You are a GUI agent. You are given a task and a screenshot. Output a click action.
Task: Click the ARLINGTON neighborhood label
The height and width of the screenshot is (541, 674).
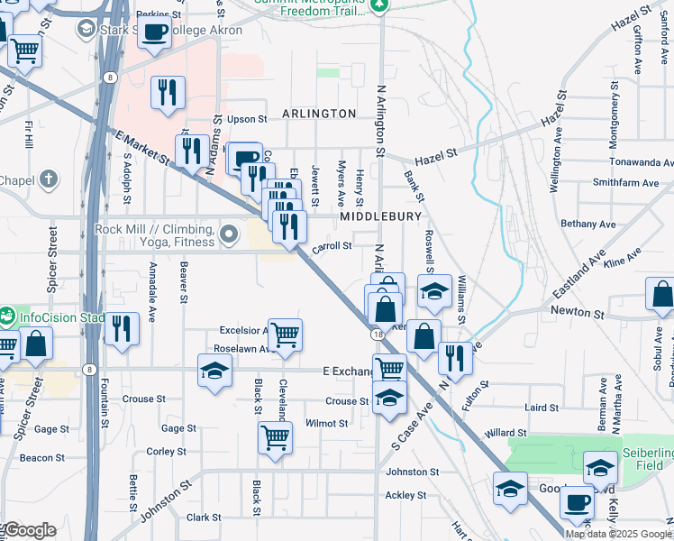(x=319, y=114)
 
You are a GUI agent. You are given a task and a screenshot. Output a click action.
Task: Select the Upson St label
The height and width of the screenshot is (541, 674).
(x=248, y=119)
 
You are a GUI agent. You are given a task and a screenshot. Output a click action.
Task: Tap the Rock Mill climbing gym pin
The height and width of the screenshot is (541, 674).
(x=230, y=235)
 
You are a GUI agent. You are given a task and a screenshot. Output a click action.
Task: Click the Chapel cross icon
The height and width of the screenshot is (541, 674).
(x=50, y=179)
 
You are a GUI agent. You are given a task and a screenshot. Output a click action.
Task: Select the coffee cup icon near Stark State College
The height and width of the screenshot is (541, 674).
(x=155, y=32)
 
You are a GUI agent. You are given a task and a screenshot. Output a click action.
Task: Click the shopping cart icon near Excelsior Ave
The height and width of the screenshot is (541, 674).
(x=285, y=335)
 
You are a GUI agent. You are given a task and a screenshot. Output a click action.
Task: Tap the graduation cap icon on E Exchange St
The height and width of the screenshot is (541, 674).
(x=214, y=371)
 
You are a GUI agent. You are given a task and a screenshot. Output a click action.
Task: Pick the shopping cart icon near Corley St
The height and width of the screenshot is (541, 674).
(x=275, y=437)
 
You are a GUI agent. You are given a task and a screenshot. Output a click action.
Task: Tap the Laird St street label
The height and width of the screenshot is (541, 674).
(x=542, y=408)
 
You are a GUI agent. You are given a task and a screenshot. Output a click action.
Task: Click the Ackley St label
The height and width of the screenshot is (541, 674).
(x=405, y=495)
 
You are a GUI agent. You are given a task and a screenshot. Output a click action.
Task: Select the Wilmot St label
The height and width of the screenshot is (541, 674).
(x=326, y=423)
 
